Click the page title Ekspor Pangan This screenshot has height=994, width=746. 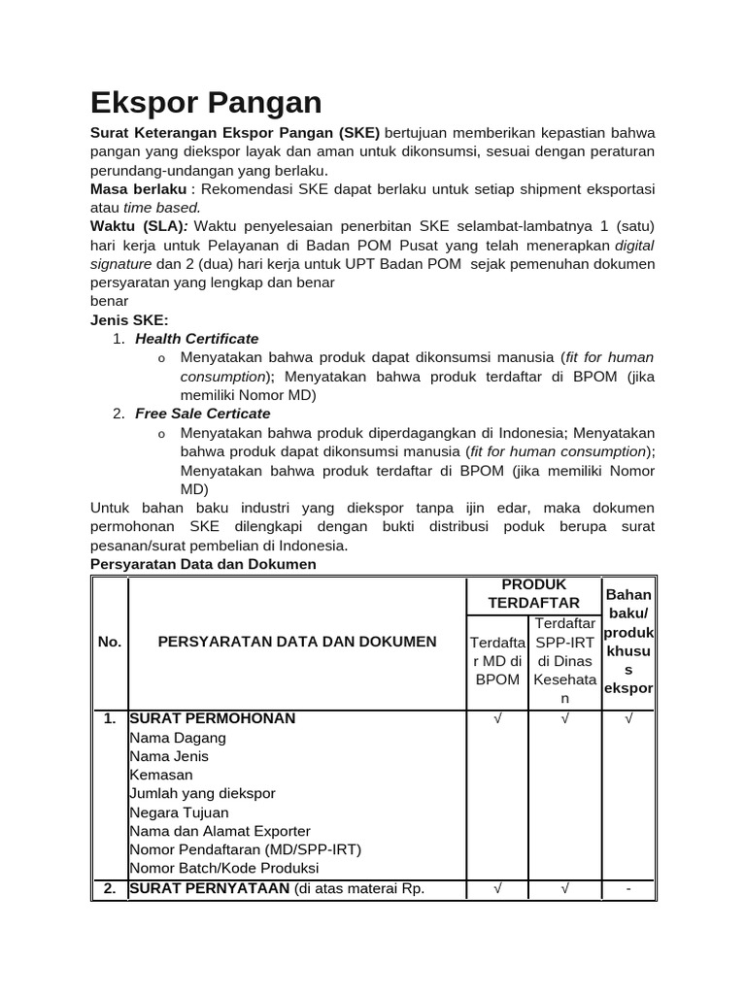pos(206,102)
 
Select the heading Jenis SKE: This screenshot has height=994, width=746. pos(129,319)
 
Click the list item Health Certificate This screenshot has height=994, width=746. pos(197,339)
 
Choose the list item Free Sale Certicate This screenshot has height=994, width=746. pos(203,414)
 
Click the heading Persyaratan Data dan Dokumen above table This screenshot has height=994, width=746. pos(203,564)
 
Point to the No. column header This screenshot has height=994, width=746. pos(110,642)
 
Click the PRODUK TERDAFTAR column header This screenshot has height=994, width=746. pos(533,593)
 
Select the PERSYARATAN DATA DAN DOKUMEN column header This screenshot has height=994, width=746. pos(297,642)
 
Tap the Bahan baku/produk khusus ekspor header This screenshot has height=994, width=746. pos(628,642)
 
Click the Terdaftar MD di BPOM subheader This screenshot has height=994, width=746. pos(497,660)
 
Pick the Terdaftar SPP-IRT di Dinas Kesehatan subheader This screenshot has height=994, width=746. pos(564,660)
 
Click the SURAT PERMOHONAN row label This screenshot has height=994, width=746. pos(213,718)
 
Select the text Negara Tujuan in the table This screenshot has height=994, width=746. pos(179,812)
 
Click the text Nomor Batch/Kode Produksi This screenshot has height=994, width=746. pos(224,868)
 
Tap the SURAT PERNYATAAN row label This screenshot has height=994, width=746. pos(210,888)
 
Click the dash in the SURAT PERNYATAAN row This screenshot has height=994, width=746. pos(628,888)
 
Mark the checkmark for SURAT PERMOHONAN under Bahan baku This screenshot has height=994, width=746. pos(628,719)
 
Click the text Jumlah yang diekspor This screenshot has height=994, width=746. pos(202,793)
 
